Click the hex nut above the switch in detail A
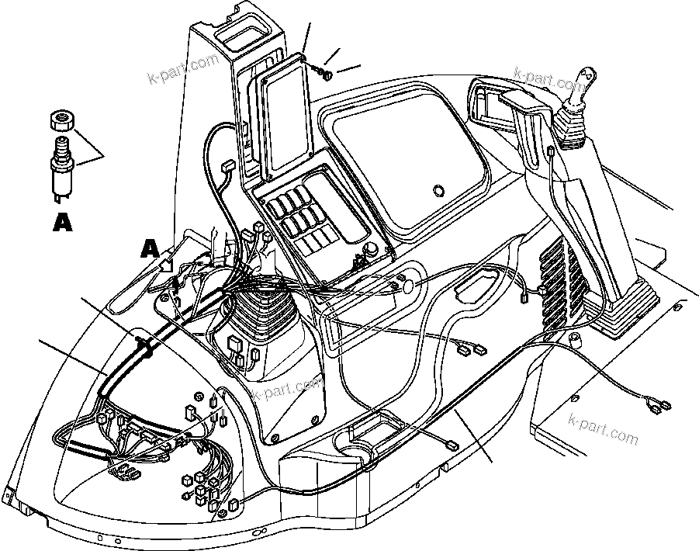pos(61,120)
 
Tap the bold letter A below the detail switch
pos(62,223)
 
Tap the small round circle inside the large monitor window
pos(438,190)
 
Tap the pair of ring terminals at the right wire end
pos(657,404)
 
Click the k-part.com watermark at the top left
pos(183,71)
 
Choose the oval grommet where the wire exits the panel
pos(407,286)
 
